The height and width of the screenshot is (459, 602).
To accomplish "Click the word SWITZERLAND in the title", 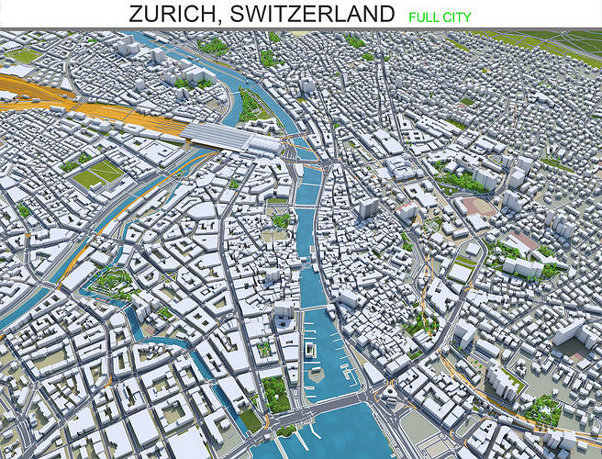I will click(312, 14).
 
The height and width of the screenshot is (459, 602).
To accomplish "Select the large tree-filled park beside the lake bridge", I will click(274, 392).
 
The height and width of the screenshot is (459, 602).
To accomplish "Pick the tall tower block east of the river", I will click(366, 208).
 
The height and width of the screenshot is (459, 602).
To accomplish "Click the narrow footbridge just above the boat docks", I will click(315, 308).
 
